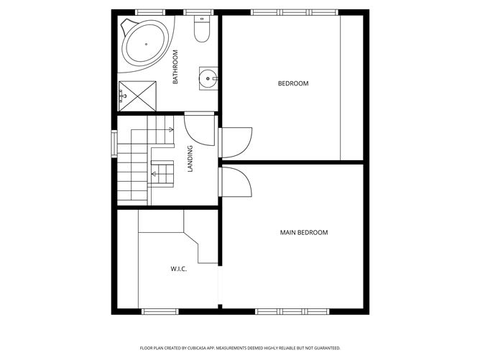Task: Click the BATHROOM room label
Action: [x=175, y=67]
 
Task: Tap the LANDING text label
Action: [x=190, y=159]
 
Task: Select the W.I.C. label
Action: [x=179, y=269]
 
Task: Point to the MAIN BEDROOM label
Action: [x=303, y=232]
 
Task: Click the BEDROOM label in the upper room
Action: [x=293, y=83]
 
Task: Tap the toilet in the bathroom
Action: [x=202, y=30]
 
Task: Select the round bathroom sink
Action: [x=208, y=78]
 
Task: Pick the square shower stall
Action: [x=137, y=96]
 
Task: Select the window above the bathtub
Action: [x=150, y=12]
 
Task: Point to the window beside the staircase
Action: [x=114, y=142]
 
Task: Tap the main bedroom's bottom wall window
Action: [x=292, y=311]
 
